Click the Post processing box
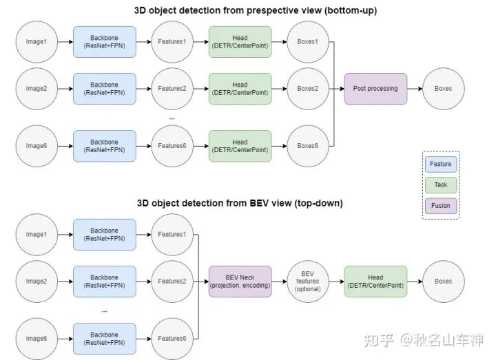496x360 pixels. [x=375, y=89]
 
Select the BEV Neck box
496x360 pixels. [x=241, y=282]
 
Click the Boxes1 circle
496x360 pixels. [x=307, y=42]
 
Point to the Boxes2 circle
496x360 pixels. [x=307, y=89]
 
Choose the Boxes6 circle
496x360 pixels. [x=307, y=146]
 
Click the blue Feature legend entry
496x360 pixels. [x=440, y=165]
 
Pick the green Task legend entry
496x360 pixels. [x=440, y=184]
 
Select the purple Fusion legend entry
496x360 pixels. [x=440, y=205]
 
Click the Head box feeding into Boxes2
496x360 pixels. [x=240, y=89]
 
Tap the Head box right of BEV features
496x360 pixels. [x=375, y=282]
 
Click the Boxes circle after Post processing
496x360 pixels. [x=443, y=89]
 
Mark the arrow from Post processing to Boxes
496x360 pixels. [x=415, y=89]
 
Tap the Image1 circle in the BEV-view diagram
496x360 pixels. [x=36, y=235]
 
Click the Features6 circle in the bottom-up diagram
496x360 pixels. [x=172, y=146]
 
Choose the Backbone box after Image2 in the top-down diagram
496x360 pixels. [x=104, y=282]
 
